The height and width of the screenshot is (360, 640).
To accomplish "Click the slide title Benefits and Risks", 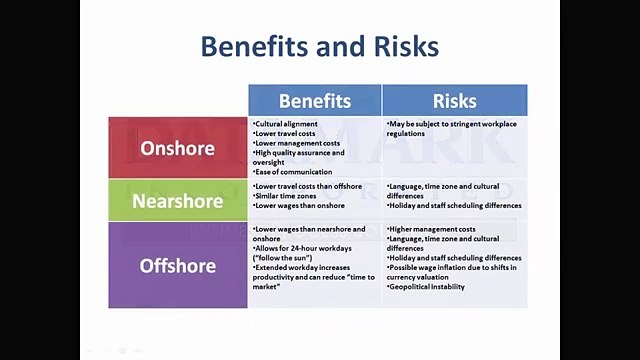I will coord(319,46).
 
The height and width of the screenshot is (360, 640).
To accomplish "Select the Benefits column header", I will coord(315,100).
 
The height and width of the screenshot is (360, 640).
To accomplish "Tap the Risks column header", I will coord(454,100).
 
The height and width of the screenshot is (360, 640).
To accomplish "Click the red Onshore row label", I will coord(178,148).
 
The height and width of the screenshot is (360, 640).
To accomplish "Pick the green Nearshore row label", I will coord(178,200).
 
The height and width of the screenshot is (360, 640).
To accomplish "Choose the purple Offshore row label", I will coord(178,265).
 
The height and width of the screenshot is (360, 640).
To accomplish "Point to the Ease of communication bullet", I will coord(293,172).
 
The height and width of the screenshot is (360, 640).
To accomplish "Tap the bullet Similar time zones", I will coord(289,196).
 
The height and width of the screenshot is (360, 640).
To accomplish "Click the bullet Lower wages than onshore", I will coord(299,206).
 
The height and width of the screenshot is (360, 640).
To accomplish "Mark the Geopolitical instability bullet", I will coord(426,287).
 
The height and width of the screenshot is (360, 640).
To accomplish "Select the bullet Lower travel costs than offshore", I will coord(308,186).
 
